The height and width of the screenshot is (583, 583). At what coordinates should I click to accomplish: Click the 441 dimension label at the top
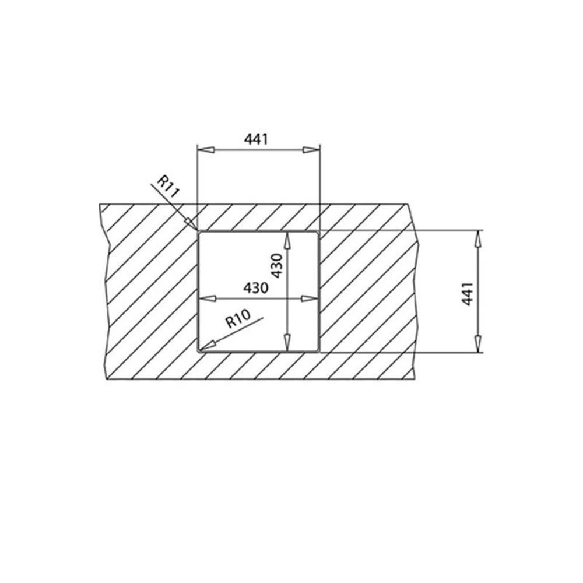[x=256, y=139]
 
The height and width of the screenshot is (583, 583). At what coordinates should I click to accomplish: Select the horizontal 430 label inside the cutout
[x=255, y=288]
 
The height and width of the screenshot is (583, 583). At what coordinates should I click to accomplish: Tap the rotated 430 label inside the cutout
[x=277, y=265]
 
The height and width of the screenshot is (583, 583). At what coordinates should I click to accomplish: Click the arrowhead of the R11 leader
[x=191, y=223]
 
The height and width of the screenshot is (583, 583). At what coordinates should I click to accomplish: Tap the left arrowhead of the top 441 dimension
[x=206, y=150]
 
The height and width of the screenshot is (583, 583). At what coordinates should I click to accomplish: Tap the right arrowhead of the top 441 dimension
[x=311, y=150]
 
